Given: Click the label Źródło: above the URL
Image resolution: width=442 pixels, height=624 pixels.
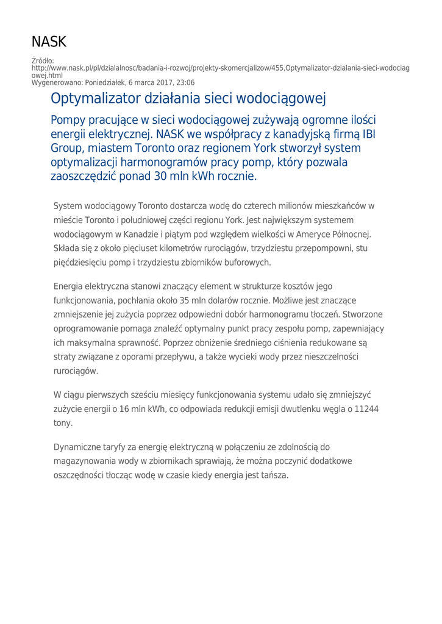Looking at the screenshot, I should coord(43,61).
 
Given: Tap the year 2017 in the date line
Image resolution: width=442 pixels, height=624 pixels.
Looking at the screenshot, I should coord(161,82).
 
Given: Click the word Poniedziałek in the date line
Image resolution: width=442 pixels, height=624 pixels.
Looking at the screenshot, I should coord(99,82).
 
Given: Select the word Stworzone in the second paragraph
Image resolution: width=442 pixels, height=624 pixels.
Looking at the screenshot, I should coord(363,315).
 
